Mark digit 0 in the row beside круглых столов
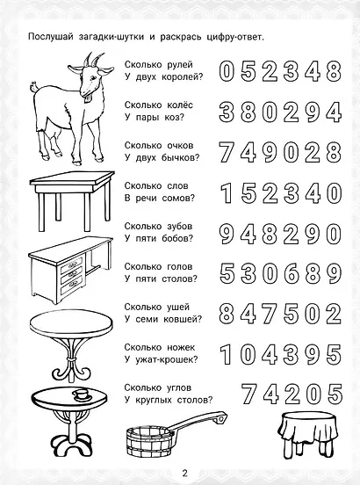tap(311, 392)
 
